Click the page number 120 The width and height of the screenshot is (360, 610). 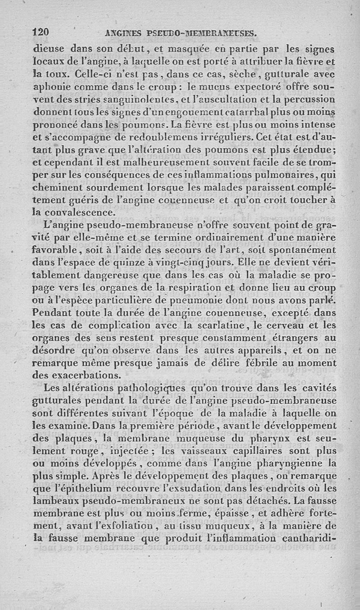41,32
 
